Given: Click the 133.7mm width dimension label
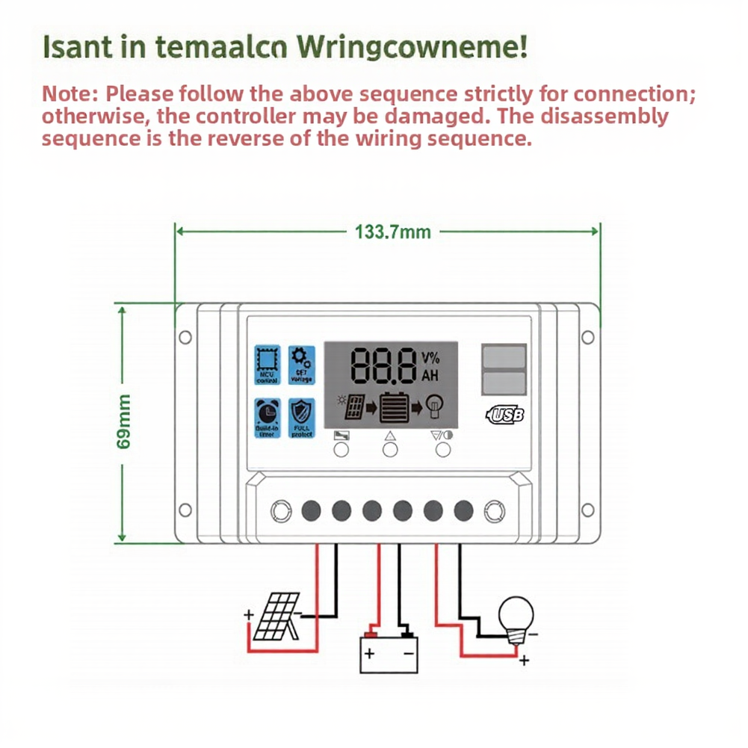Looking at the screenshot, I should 393,232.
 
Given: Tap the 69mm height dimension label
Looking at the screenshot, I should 125,422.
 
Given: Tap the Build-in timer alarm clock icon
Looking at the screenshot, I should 267,418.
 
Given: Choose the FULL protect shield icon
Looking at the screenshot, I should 302,418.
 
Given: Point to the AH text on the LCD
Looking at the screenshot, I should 430,376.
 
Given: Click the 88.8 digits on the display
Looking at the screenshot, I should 383,366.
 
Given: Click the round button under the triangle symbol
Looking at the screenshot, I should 390,450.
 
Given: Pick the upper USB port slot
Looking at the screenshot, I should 504,356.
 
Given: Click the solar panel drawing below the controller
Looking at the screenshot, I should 276,618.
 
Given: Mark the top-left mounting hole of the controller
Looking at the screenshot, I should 184,336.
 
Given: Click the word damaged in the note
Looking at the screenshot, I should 433,117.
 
